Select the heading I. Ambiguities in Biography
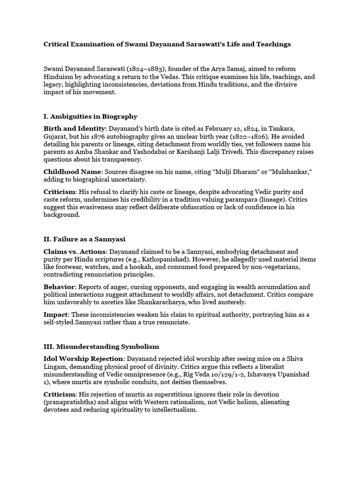[x=90, y=116]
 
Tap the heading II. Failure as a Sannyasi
[x=84, y=240]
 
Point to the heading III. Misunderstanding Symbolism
[x=101, y=346]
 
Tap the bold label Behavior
[x=59, y=287]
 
